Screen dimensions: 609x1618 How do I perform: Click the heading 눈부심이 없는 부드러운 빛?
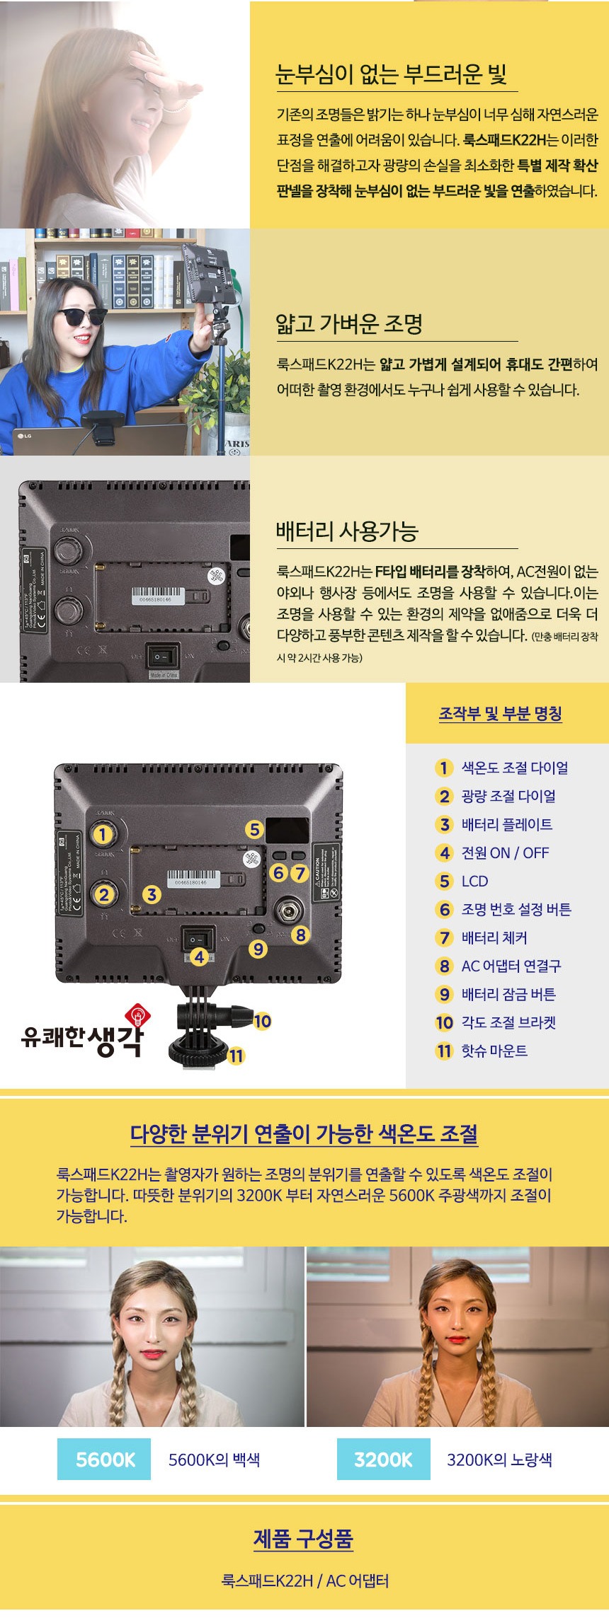391,74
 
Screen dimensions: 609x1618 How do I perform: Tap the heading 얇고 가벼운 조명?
349,323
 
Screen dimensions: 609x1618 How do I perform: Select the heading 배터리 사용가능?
347,531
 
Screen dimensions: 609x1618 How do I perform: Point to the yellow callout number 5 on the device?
255,829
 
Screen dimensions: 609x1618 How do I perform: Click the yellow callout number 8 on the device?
301,935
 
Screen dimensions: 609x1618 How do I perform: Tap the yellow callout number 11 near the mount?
236,1056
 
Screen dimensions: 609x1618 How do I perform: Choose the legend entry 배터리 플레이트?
506,824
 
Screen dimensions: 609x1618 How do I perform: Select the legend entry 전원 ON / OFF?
505,853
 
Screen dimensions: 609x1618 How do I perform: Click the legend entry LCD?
474,881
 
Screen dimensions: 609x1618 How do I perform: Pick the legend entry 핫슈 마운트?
494,1051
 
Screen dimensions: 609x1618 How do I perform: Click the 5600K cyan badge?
104,1459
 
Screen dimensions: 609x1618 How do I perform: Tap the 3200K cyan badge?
383,1459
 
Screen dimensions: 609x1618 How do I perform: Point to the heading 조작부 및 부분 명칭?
500,713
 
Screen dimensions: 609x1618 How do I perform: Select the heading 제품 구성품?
303,1538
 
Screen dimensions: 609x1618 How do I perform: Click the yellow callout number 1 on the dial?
103,834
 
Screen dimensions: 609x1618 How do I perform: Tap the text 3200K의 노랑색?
499,1459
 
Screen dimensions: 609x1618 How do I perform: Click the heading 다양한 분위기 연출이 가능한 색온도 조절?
304,1134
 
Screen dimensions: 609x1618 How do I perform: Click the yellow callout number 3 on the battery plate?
152,894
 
